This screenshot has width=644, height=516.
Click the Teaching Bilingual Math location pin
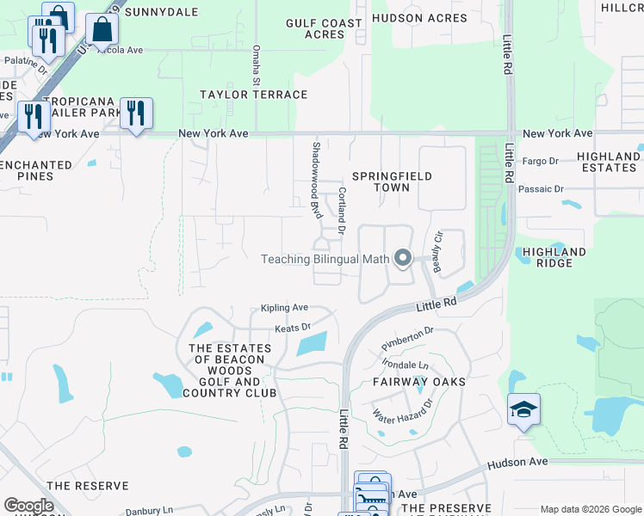click(402, 257)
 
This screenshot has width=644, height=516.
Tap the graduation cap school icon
click(523, 410)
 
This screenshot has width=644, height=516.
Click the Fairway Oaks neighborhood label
click(419, 381)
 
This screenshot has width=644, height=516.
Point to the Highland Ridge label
click(554, 257)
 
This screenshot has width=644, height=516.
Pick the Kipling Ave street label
click(284, 307)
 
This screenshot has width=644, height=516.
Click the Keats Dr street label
click(292, 328)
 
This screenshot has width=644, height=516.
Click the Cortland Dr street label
click(342, 212)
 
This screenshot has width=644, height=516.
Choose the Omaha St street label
click(256, 65)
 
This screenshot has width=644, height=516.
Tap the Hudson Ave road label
click(517, 462)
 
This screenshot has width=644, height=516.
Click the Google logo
click(28, 506)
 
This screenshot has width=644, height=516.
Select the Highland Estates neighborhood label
click(608, 162)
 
